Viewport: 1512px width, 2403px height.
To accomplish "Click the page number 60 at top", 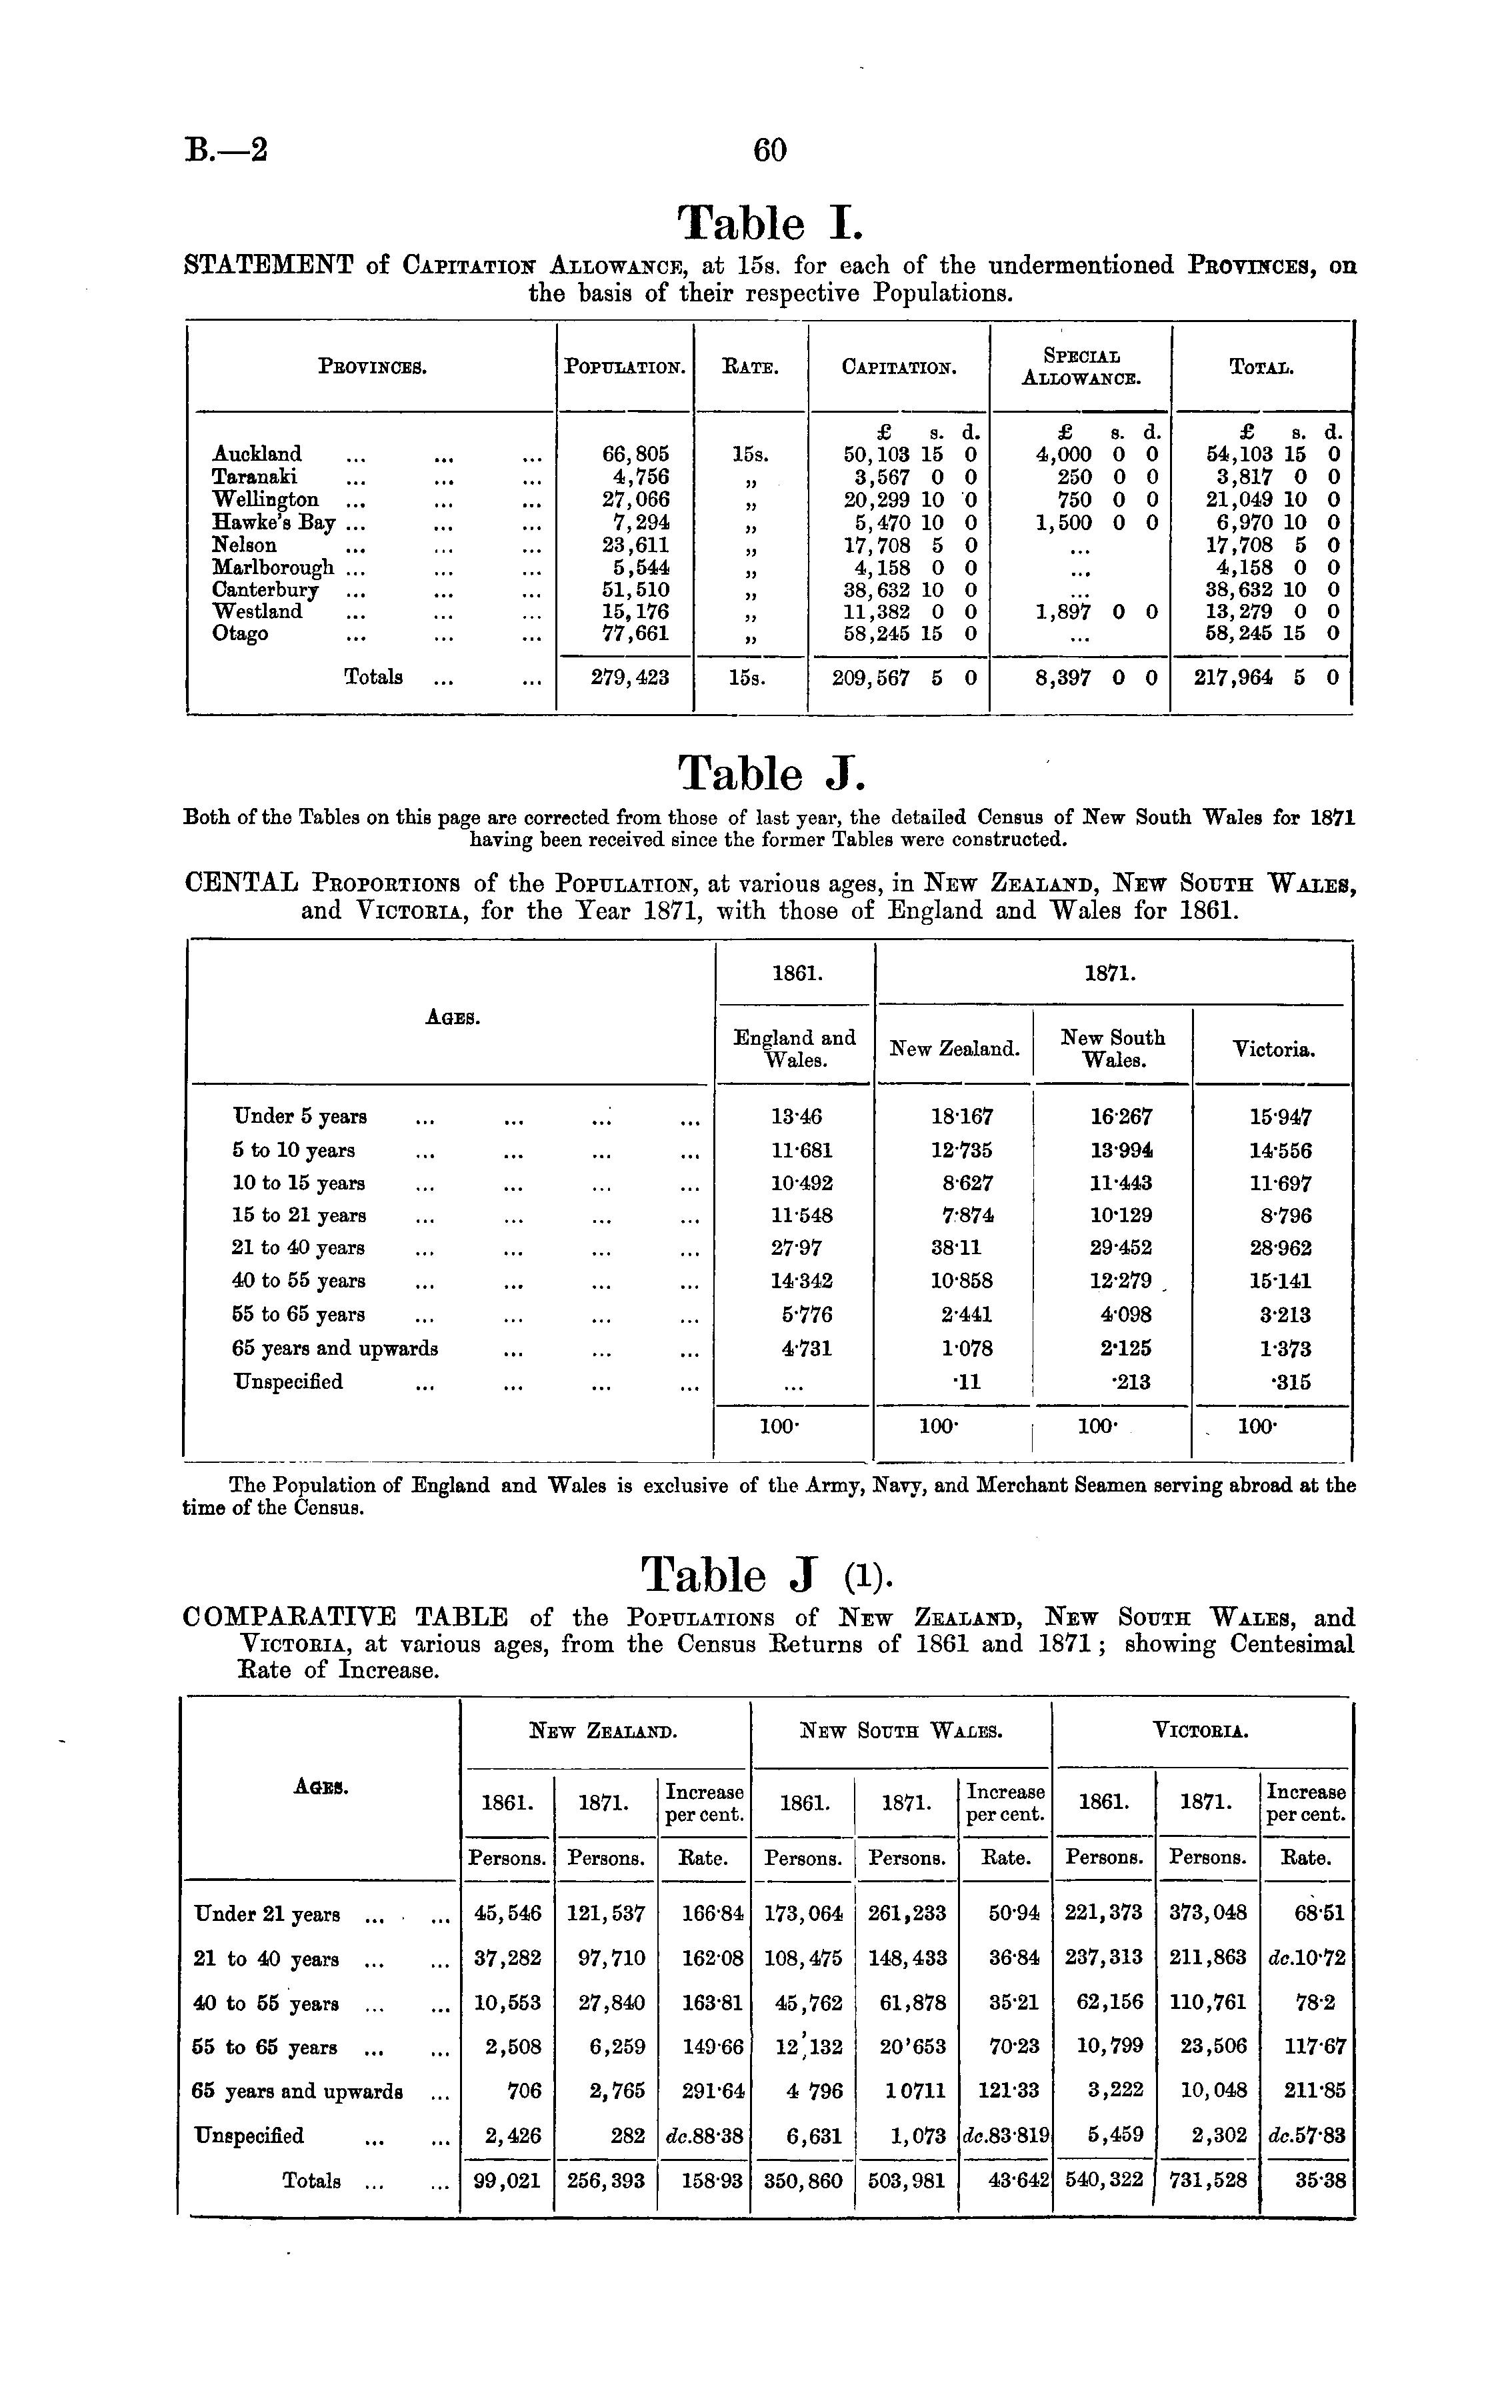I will point(769,151).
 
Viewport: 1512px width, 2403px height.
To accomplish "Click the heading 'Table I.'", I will point(767,223).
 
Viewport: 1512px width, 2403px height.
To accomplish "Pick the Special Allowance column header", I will point(1081,366).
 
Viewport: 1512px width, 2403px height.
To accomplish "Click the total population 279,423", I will point(630,677).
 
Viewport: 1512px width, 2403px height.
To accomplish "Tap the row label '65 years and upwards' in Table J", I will point(335,1348).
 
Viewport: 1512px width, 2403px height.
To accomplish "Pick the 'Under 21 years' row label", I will point(265,1914).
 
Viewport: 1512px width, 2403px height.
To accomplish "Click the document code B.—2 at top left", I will point(227,151).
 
